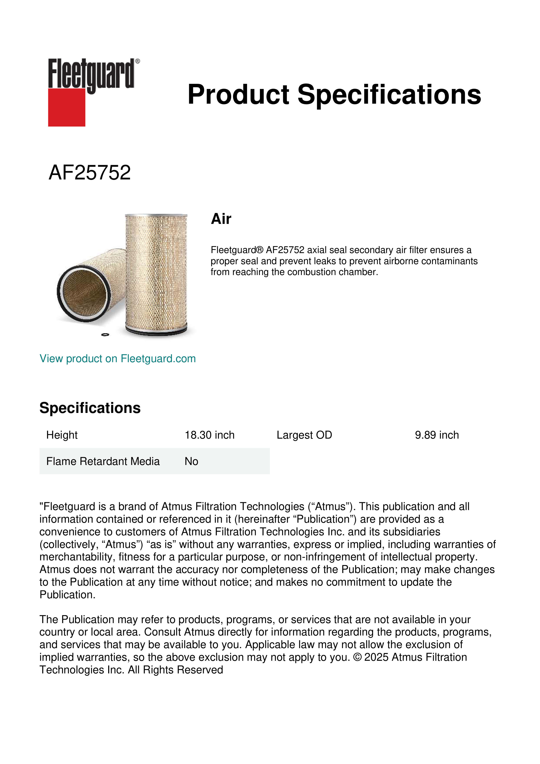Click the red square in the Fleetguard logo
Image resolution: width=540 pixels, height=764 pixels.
67,107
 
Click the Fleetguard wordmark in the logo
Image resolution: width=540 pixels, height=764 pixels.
91,74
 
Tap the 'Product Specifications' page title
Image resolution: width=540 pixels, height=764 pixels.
334,95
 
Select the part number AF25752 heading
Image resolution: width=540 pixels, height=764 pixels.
89,173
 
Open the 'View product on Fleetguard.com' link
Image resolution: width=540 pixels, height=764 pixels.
117,359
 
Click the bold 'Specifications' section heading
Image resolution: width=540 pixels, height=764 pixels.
90,408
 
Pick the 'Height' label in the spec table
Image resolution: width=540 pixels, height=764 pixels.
62,435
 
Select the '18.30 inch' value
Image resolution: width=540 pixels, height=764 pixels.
209,435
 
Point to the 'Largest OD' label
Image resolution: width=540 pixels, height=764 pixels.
304,435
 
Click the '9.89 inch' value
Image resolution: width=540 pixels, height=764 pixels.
437,435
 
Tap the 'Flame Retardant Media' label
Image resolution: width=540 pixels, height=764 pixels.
103,461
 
